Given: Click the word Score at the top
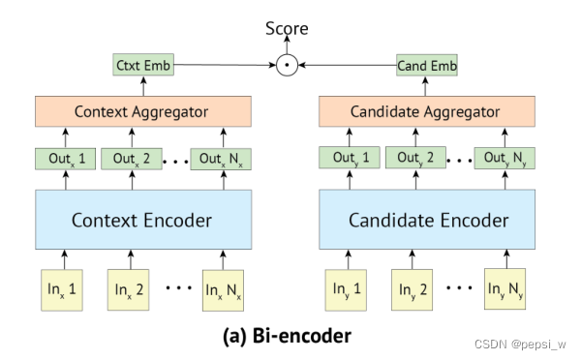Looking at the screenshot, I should (287, 29).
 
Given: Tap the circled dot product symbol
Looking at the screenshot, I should (286, 66).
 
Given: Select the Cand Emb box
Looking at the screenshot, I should (425, 66).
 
